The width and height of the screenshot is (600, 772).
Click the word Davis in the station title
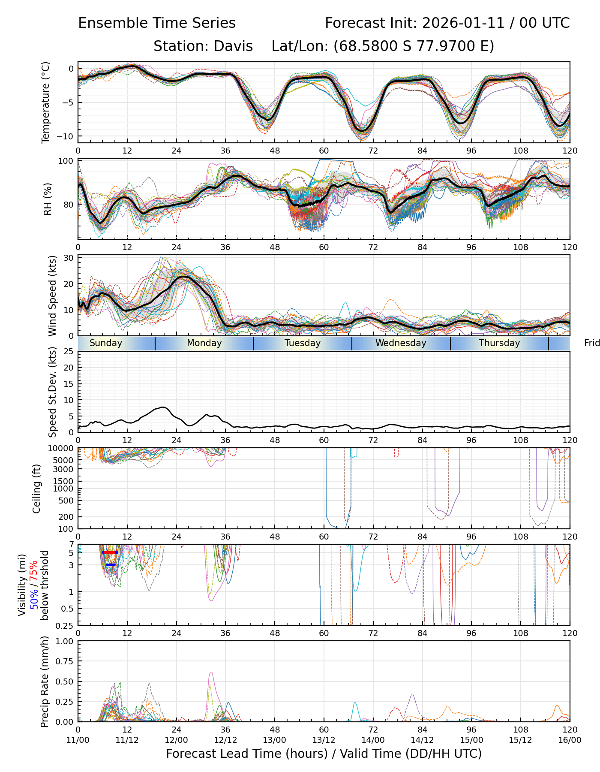pyautogui.click(x=234, y=46)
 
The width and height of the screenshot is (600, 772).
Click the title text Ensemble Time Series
pyautogui.click(x=157, y=23)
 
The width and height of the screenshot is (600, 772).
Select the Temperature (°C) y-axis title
pyautogui.click(x=46, y=102)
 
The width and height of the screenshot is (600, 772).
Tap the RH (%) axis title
pyautogui.click(x=48, y=199)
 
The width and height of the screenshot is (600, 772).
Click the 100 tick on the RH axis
pyautogui.click(x=66, y=161)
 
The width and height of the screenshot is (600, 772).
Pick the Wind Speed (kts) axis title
pyautogui.click(x=52, y=296)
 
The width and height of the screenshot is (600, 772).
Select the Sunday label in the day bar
pyautogui.click(x=106, y=343)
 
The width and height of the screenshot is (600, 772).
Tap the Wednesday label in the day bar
pyautogui.click(x=401, y=343)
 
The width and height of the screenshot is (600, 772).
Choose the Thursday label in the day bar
pyautogui.click(x=499, y=343)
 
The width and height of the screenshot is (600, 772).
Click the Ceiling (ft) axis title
pyautogui.click(x=37, y=489)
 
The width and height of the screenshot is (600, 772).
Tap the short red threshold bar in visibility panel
pyautogui.click(x=110, y=552)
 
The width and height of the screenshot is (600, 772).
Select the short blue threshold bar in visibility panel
pyautogui.click(x=111, y=565)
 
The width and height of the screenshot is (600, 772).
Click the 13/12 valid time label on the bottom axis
pyautogui.click(x=324, y=740)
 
